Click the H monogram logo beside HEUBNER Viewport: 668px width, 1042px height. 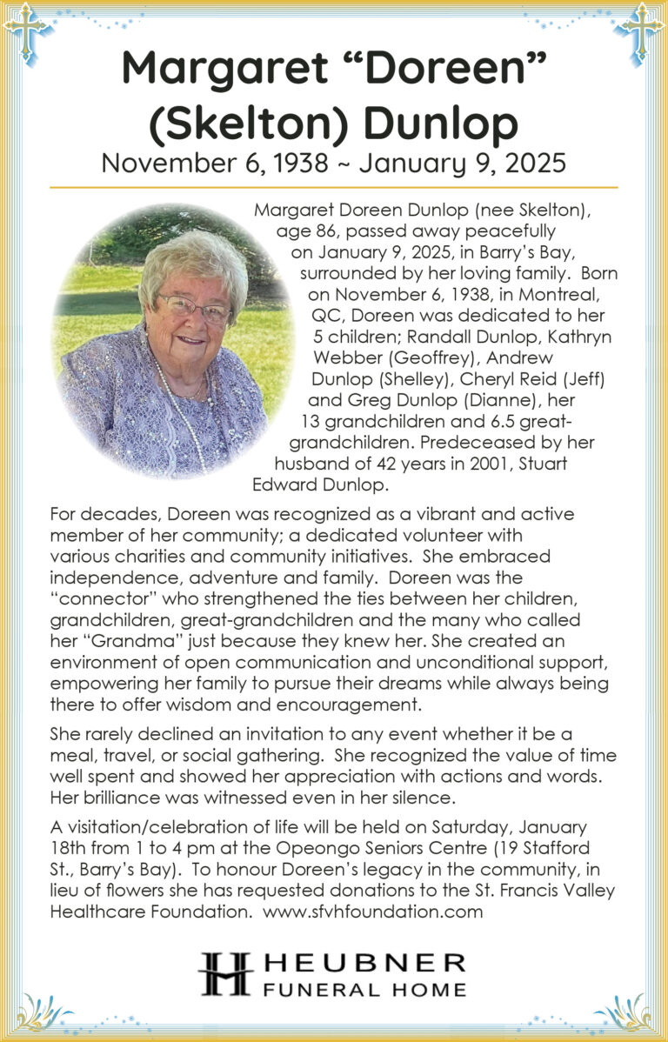224,973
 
